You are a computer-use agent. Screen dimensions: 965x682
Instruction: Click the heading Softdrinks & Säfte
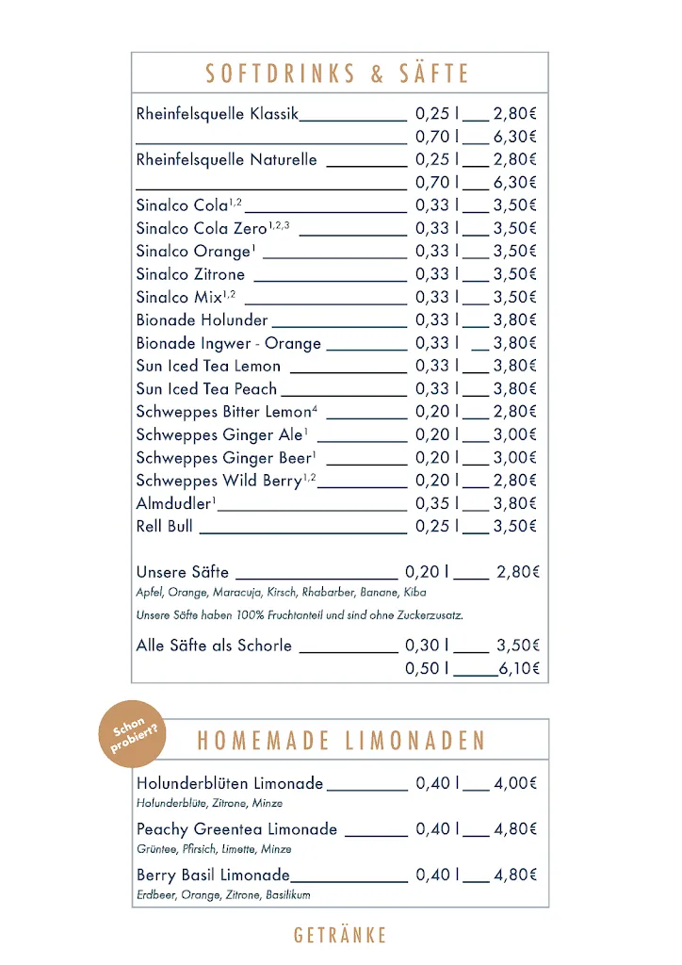[338, 74]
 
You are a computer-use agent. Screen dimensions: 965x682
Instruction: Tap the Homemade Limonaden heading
[341, 740]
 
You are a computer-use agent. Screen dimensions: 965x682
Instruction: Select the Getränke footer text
[340, 935]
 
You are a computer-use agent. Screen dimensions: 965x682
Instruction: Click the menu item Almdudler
[175, 503]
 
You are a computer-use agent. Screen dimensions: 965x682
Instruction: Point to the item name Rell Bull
[164, 526]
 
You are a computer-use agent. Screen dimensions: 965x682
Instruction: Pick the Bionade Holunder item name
[202, 320]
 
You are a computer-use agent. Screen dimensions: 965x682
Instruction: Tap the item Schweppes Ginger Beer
[224, 458]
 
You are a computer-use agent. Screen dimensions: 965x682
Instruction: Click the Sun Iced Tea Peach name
[206, 388]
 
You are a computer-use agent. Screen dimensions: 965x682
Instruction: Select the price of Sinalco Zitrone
[514, 274]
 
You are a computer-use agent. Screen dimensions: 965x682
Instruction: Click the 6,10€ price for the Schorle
[519, 668]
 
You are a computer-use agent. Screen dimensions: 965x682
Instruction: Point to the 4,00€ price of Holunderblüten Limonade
[514, 783]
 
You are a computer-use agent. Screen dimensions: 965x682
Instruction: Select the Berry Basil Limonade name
[213, 875]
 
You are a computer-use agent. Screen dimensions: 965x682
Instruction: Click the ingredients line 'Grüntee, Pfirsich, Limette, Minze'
[213, 849]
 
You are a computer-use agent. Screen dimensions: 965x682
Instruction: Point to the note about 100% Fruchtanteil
[300, 615]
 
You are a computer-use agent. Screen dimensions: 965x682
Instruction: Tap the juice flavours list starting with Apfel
[281, 593]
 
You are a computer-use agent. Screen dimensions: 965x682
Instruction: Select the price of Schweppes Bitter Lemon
[514, 412]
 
